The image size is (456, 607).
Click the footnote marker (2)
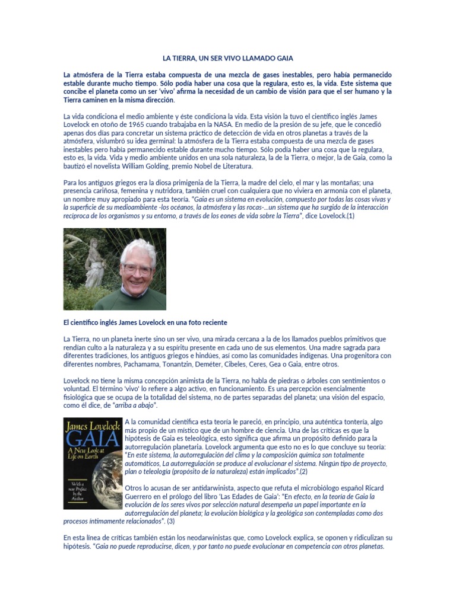[x=303, y=472]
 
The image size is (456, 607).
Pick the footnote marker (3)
[x=170, y=522]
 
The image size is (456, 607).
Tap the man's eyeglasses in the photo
[x=137, y=270]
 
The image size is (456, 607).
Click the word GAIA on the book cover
[x=91, y=440]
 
